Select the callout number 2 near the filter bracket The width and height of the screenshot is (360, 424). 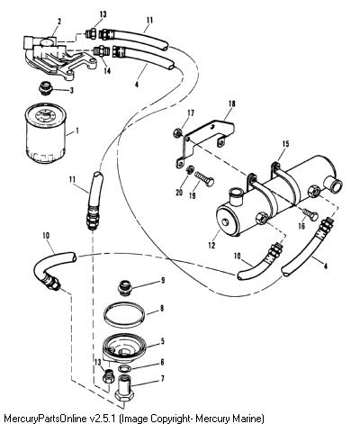coord(59,22)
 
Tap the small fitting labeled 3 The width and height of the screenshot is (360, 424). coord(46,89)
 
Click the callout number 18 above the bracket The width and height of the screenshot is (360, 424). coord(232,104)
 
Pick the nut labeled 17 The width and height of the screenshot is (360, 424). coord(177,132)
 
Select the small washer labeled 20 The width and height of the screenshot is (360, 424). coord(189,169)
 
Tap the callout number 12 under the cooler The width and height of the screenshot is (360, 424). coord(211,245)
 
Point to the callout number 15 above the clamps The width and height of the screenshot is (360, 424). coord(285,144)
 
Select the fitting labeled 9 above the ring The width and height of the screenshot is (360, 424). coord(124,287)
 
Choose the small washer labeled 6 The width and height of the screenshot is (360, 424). coord(123,368)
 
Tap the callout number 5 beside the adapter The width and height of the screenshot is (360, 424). coord(163,341)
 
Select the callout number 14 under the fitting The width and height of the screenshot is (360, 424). coord(107,71)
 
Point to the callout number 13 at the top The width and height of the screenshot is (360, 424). coord(103,14)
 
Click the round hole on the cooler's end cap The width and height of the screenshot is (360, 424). coord(225,222)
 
